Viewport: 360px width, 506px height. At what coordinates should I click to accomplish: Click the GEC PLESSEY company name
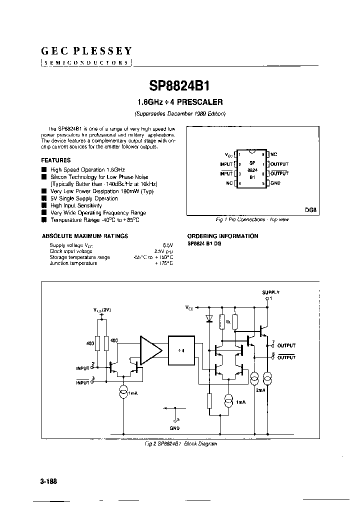point(86,50)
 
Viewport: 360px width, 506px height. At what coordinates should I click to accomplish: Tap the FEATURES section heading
point(55,160)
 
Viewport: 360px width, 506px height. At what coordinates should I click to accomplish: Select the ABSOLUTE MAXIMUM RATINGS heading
point(84,236)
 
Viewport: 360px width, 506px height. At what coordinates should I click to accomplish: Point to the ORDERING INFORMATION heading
point(222,236)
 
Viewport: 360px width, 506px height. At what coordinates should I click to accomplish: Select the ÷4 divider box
point(182,350)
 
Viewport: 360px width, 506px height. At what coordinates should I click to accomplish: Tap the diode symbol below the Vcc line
point(209,318)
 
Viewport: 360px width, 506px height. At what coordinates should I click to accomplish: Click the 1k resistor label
point(227,321)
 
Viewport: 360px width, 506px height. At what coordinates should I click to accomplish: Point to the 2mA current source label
point(260,389)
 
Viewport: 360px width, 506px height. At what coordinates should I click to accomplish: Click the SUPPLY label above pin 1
point(270,292)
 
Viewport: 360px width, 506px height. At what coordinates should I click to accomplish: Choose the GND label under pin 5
point(174,428)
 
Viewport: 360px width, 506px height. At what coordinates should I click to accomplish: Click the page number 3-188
point(48,481)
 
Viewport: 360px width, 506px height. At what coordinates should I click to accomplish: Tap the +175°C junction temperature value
point(163,263)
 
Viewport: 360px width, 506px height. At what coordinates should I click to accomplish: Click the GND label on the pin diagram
point(276,183)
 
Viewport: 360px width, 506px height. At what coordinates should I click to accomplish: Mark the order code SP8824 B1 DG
point(204,243)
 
